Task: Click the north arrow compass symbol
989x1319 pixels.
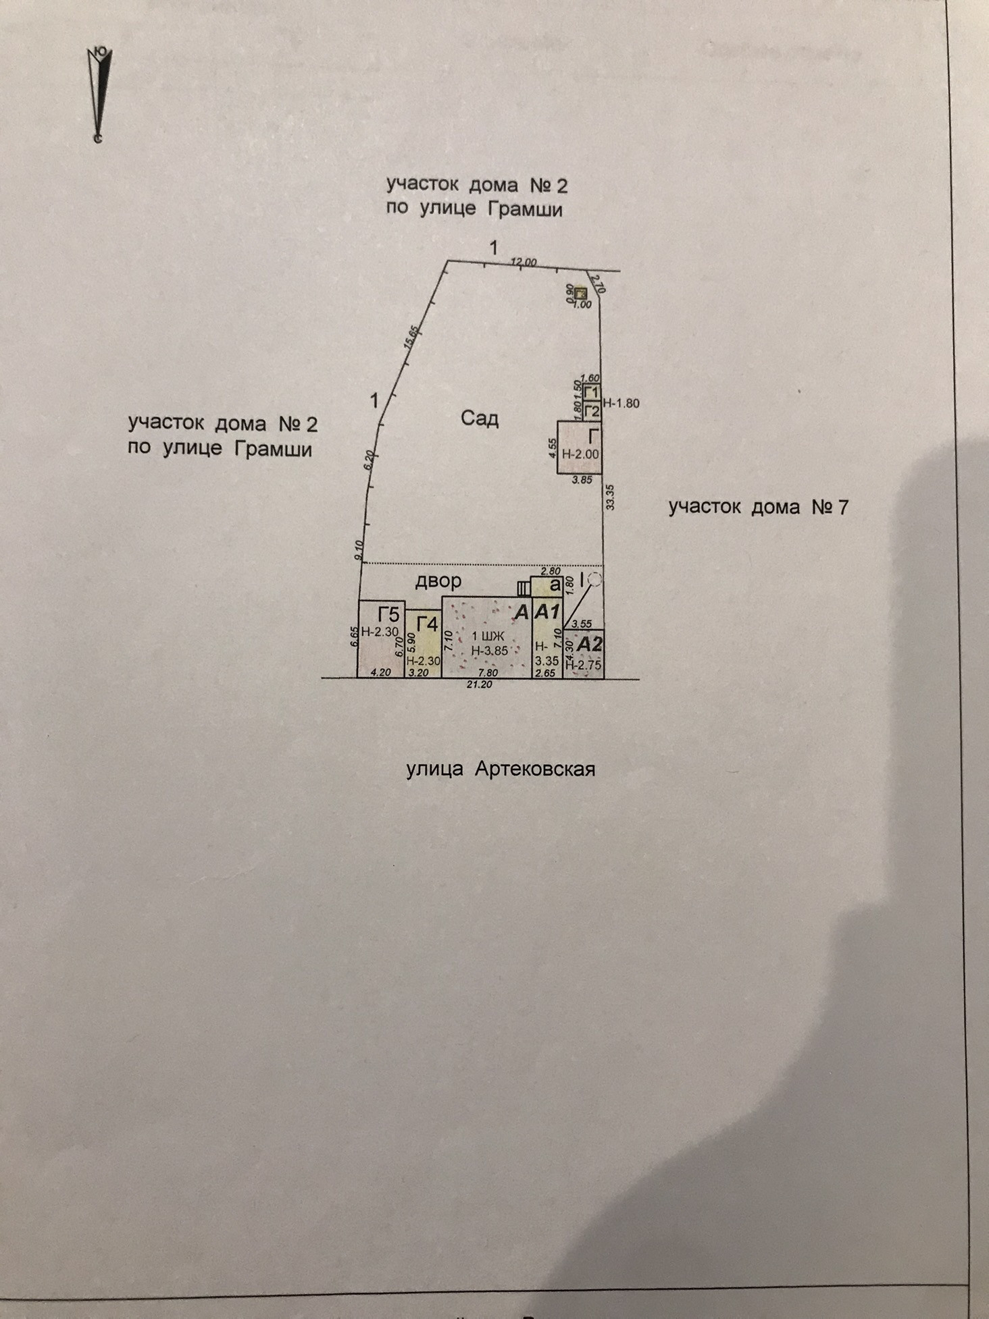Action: pyautogui.click(x=99, y=95)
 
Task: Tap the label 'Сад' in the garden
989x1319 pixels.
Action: pyautogui.click(x=480, y=419)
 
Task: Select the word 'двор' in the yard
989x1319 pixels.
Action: pyautogui.click(x=438, y=580)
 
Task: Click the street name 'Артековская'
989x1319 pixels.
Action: pyautogui.click(x=534, y=769)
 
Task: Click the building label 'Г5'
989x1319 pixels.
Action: pyautogui.click(x=389, y=615)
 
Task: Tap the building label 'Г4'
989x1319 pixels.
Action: pyautogui.click(x=427, y=624)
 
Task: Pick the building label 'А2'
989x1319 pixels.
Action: pyautogui.click(x=589, y=643)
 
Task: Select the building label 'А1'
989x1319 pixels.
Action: pyautogui.click(x=547, y=612)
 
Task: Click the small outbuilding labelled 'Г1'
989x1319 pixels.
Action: pyautogui.click(x=592, y=392)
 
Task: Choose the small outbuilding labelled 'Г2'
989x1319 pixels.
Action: pyautogui.click(x=592, y=410)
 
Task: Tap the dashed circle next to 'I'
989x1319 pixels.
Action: pyautogui.click(x=595, y=579)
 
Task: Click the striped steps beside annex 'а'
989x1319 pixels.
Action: pyautogui.click(x=524, y=588)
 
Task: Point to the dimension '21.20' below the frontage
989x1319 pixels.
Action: pyautogui.click(x=479, y=684)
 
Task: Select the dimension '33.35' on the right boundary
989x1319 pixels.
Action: pyautogui.click(x=610, y=496)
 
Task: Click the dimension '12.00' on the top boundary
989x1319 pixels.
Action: pyautogui.click(x=524, y=262)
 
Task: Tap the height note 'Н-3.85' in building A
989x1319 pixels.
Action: pyautogui.click(x=489, y=651)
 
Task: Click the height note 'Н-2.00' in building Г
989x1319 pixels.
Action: pyautogui.click(x=580, y=454)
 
